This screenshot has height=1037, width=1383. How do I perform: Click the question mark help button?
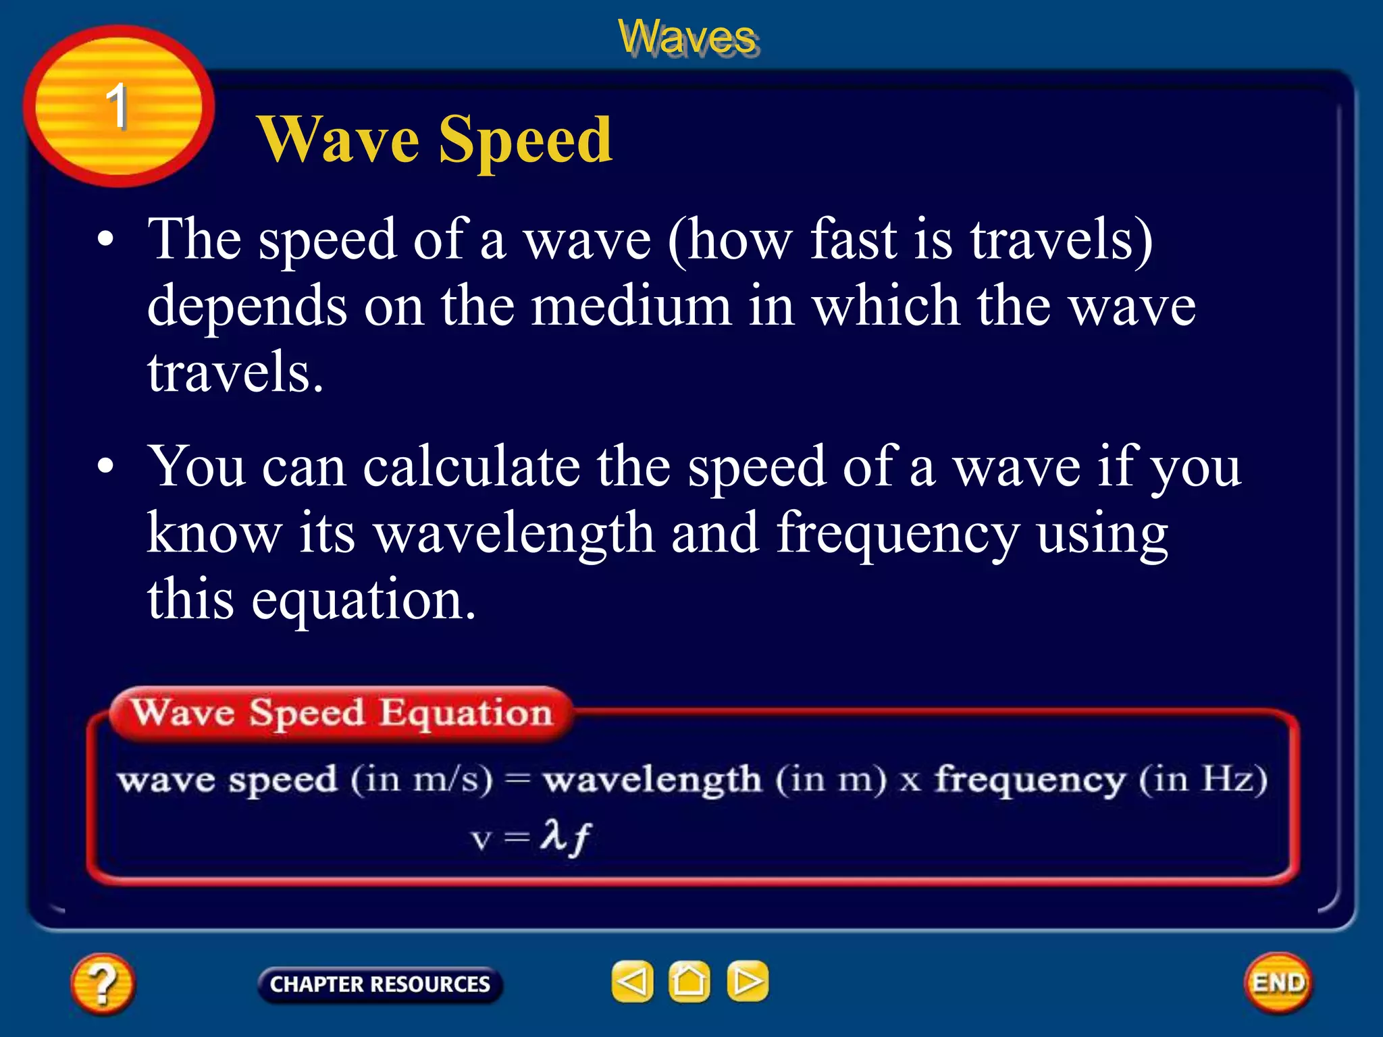(x=103, y=983)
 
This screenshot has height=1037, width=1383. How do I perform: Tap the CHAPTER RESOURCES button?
(x=380, y=984)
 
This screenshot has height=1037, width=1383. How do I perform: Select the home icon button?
(x=689, y=982)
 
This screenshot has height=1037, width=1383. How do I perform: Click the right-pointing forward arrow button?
(x=748, y=982)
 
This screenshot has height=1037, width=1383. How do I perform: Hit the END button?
(x=1278, y=983)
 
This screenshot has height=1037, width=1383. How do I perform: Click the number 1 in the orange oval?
(x=117, y=106)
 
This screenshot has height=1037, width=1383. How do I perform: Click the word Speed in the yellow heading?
(x=525, y=140)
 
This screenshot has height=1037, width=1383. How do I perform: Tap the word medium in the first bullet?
(x=631, y=306)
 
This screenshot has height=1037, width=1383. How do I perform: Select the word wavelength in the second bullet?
(x=515, y=533)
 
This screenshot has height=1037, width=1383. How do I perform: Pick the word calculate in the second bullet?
(x=471, y=467)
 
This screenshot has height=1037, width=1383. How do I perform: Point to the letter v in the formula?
(x=481, y=840)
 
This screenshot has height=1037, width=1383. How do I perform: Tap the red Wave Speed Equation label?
(x=342, y=713)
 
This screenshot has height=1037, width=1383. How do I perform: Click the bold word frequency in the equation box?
(x=1030, y=780)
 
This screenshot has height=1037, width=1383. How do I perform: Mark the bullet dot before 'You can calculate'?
(x=105, y=467)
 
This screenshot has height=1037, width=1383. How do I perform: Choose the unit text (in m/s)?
(x=421, y=780)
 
